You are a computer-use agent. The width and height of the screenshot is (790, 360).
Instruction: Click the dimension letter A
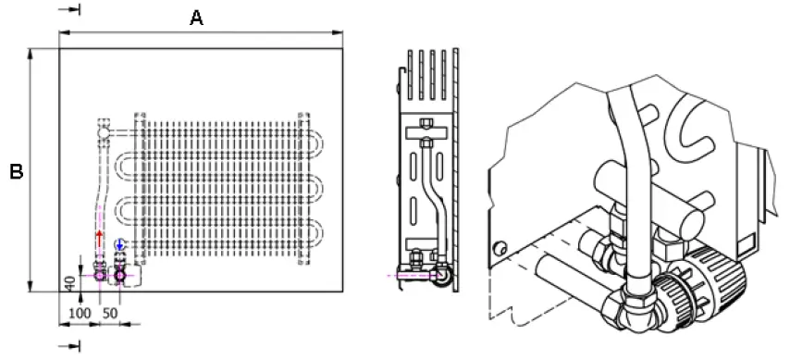(196, 18)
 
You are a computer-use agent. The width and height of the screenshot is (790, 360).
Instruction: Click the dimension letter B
(16, 171)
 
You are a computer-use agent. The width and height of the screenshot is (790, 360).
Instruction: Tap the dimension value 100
(80, 315)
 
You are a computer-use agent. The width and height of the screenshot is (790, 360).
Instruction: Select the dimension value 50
(110, 315)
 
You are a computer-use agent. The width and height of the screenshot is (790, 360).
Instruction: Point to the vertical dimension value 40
(69, 282)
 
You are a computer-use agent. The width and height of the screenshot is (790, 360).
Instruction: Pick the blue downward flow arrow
(119, 246)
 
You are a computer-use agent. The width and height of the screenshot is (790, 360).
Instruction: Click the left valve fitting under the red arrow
(100, 274)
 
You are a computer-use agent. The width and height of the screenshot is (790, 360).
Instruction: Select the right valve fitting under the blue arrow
(119, 274)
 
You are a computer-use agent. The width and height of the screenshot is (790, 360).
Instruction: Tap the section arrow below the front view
(73, 346)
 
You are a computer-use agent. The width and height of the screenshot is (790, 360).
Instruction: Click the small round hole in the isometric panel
(500, 248)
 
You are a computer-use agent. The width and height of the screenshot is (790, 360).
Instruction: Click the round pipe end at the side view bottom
(445, 275)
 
